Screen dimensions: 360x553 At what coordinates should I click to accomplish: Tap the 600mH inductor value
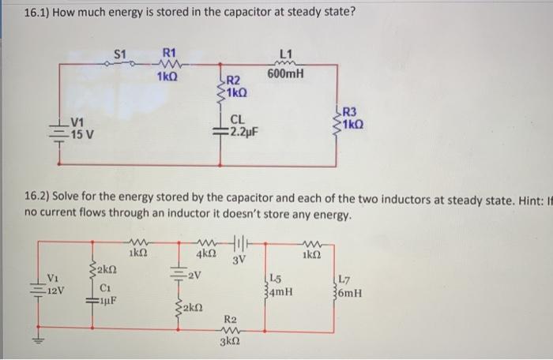[x=284, y=75]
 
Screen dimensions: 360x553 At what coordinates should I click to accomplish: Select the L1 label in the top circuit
[x=285, y=53]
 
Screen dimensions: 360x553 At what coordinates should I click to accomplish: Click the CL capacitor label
[x=236, y=119]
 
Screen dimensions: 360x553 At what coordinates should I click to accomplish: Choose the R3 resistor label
[x=350, y=111]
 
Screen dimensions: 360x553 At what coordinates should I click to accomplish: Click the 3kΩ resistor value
[x=231, y=342]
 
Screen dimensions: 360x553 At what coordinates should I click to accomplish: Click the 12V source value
[x=56, y=289]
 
